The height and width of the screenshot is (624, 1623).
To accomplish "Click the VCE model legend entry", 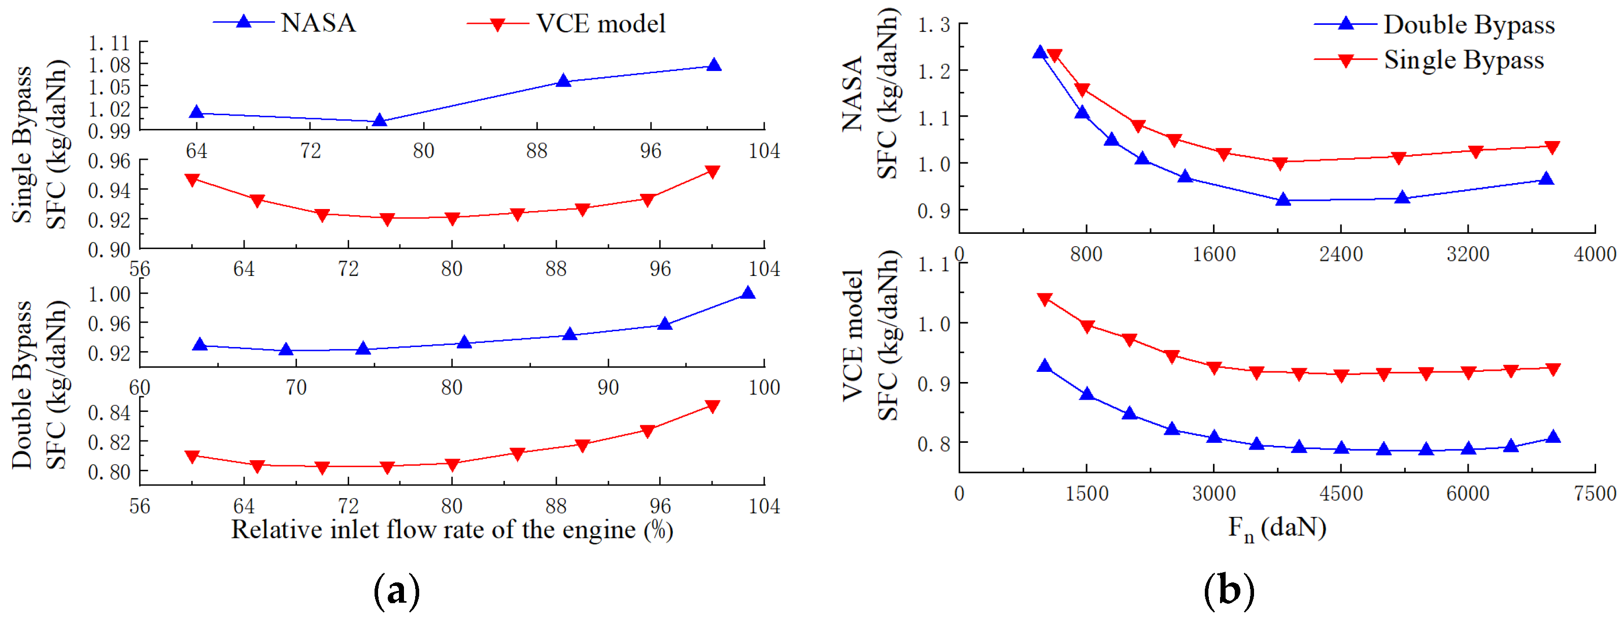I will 599,24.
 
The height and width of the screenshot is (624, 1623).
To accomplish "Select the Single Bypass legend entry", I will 1463,60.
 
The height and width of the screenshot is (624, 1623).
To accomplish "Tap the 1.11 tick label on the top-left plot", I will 109,44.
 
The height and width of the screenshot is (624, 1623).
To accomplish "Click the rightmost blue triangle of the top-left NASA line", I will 713,65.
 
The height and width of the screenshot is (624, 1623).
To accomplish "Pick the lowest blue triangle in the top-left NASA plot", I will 379,120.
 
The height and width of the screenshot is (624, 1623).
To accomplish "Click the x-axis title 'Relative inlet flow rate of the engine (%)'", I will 452,530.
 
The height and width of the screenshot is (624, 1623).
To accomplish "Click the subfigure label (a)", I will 396,591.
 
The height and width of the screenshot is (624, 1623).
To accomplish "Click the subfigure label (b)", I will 1229,591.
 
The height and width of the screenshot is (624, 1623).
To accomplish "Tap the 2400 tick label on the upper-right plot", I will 1341,254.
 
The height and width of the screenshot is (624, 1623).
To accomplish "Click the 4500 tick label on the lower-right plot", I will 1341,494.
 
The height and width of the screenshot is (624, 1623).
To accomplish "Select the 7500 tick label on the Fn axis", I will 1595,494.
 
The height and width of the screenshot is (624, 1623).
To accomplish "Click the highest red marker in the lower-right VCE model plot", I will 1044,299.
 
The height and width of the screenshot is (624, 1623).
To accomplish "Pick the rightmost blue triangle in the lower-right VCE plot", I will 1553,437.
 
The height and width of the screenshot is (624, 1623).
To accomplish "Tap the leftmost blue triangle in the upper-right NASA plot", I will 1039,52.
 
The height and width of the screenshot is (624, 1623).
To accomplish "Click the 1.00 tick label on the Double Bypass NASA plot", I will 109,294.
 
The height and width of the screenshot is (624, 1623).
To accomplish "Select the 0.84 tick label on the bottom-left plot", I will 109,413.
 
